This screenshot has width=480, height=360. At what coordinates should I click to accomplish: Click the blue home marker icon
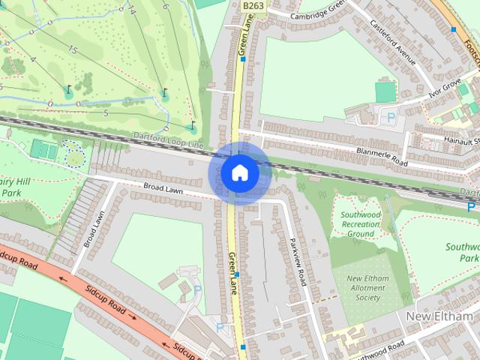point(239,172)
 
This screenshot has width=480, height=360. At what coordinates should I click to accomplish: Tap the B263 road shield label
point(253,5)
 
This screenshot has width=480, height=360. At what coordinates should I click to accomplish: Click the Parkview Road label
point(298,260)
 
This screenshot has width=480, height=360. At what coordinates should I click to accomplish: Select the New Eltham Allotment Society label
point(367,288)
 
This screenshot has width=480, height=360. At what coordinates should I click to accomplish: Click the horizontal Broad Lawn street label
point(163,190)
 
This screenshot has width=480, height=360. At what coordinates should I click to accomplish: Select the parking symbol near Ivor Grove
point(390,117)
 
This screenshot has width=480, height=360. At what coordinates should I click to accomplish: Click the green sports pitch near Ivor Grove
point(385,92)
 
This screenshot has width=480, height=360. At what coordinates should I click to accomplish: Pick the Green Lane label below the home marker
point(232,272)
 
